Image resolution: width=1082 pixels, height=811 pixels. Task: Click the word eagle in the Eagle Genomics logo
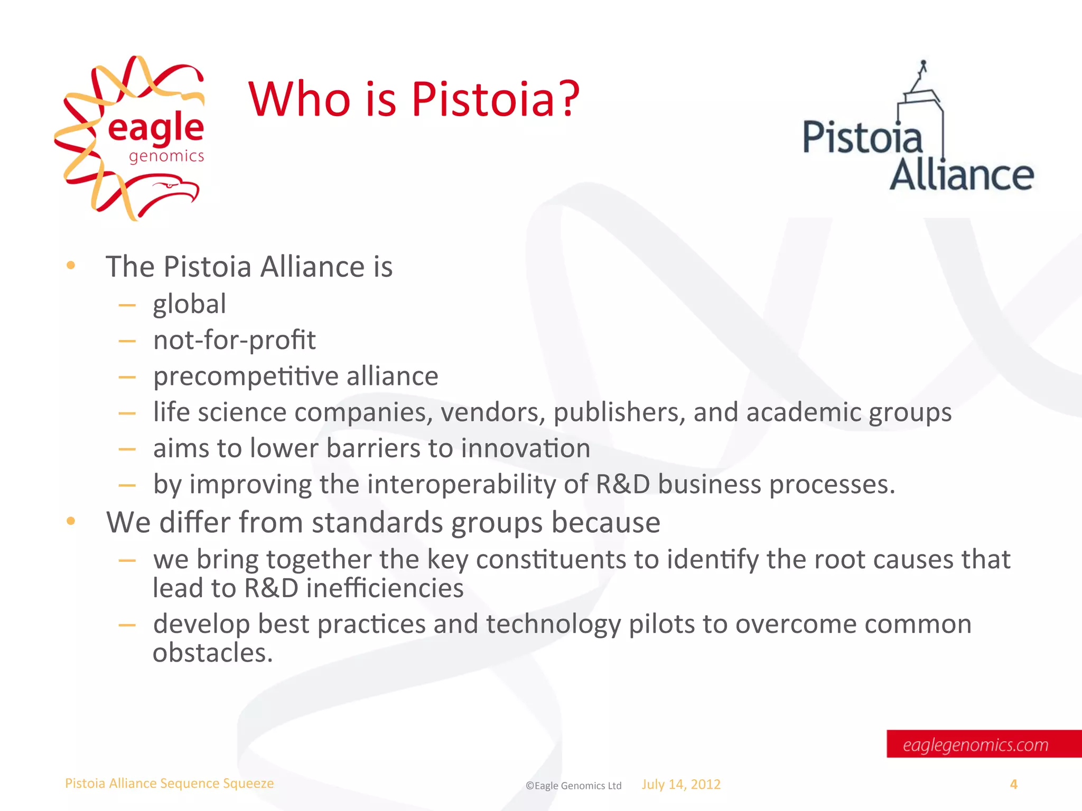coord(156,128)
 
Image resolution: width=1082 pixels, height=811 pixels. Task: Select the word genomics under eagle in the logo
coord(166,156)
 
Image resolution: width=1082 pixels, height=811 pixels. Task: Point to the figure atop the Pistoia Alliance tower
coord(923,69)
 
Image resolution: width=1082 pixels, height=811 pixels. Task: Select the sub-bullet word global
coord(190,304)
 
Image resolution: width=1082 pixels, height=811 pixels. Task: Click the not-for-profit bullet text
coord(234,340)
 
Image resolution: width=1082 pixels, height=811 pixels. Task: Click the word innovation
coord(525,448)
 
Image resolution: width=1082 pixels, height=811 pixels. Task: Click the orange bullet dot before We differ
coord(71,522)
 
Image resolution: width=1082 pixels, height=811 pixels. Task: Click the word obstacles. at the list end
coord(213,653)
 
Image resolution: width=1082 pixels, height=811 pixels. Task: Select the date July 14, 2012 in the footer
coord(681,785)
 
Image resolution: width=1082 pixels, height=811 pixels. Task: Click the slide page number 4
coord(1013,785)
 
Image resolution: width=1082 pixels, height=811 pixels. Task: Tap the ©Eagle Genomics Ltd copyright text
coord(573,786)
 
